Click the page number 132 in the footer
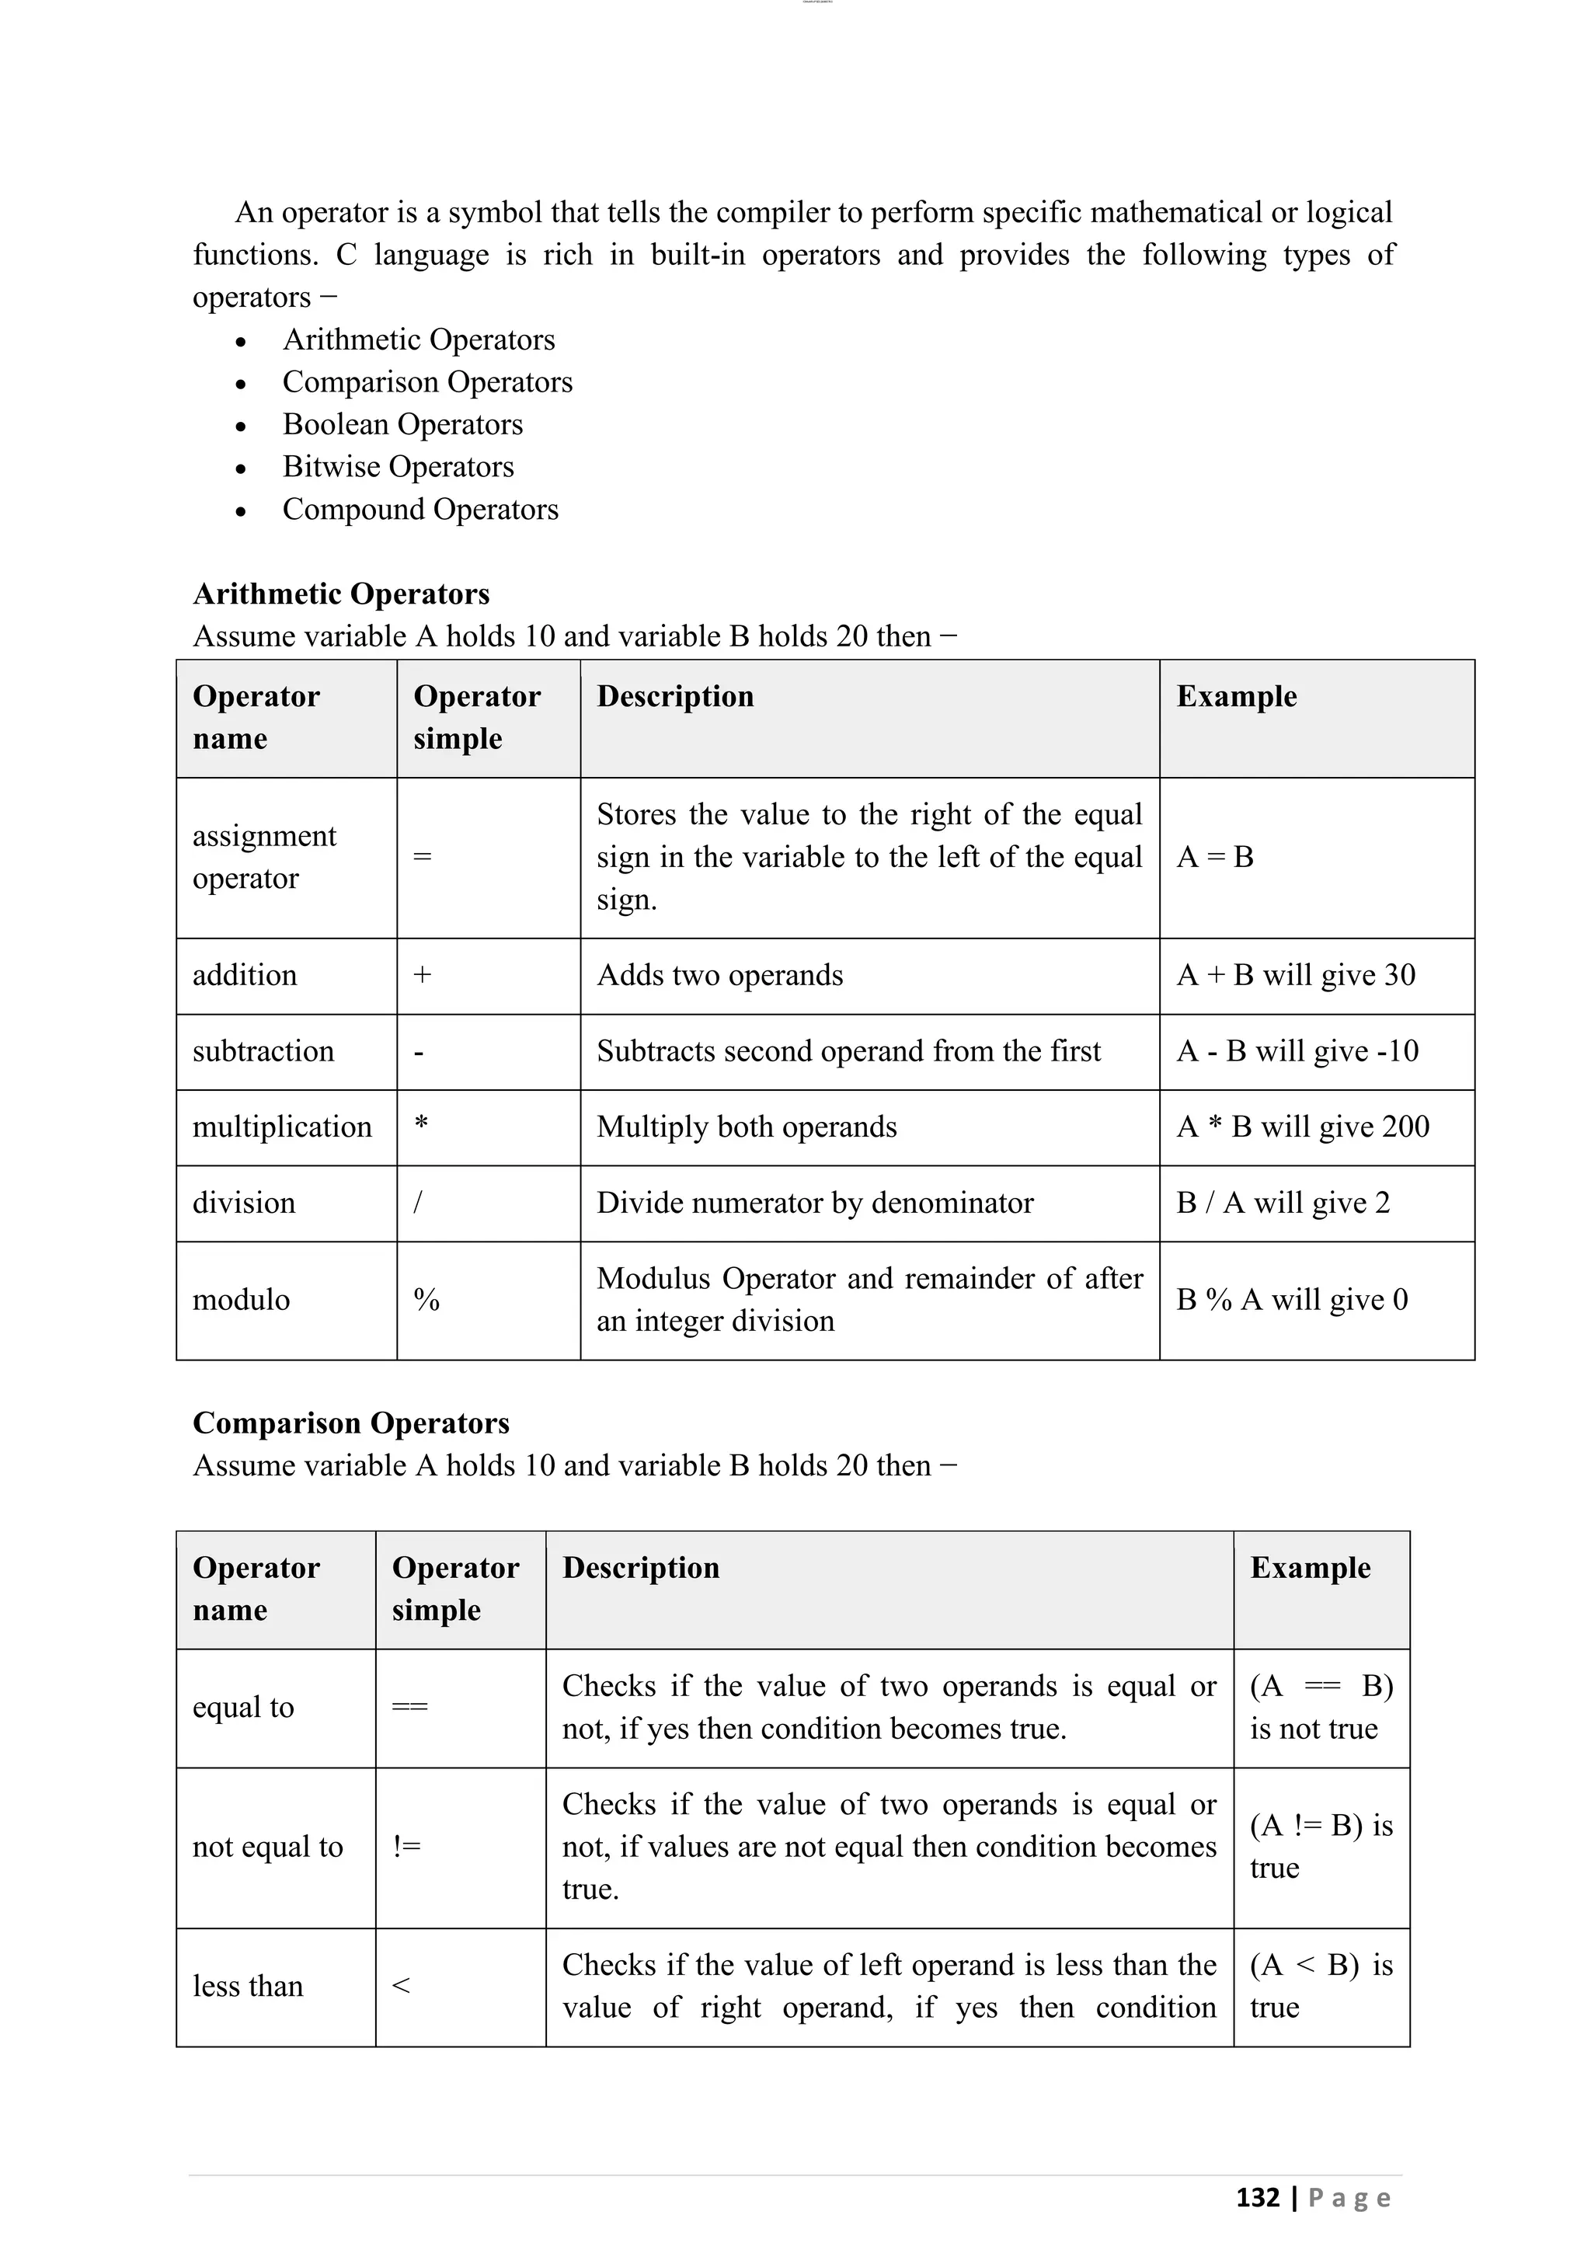[1258, 2197]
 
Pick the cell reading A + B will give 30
[1295, 975]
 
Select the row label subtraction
[263, 1050]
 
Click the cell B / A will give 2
[1283, 1203]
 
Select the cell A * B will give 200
[1302, 1127]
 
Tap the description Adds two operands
[719, 975]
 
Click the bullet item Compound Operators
[420, 510]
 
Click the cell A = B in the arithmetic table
[1215, 858]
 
